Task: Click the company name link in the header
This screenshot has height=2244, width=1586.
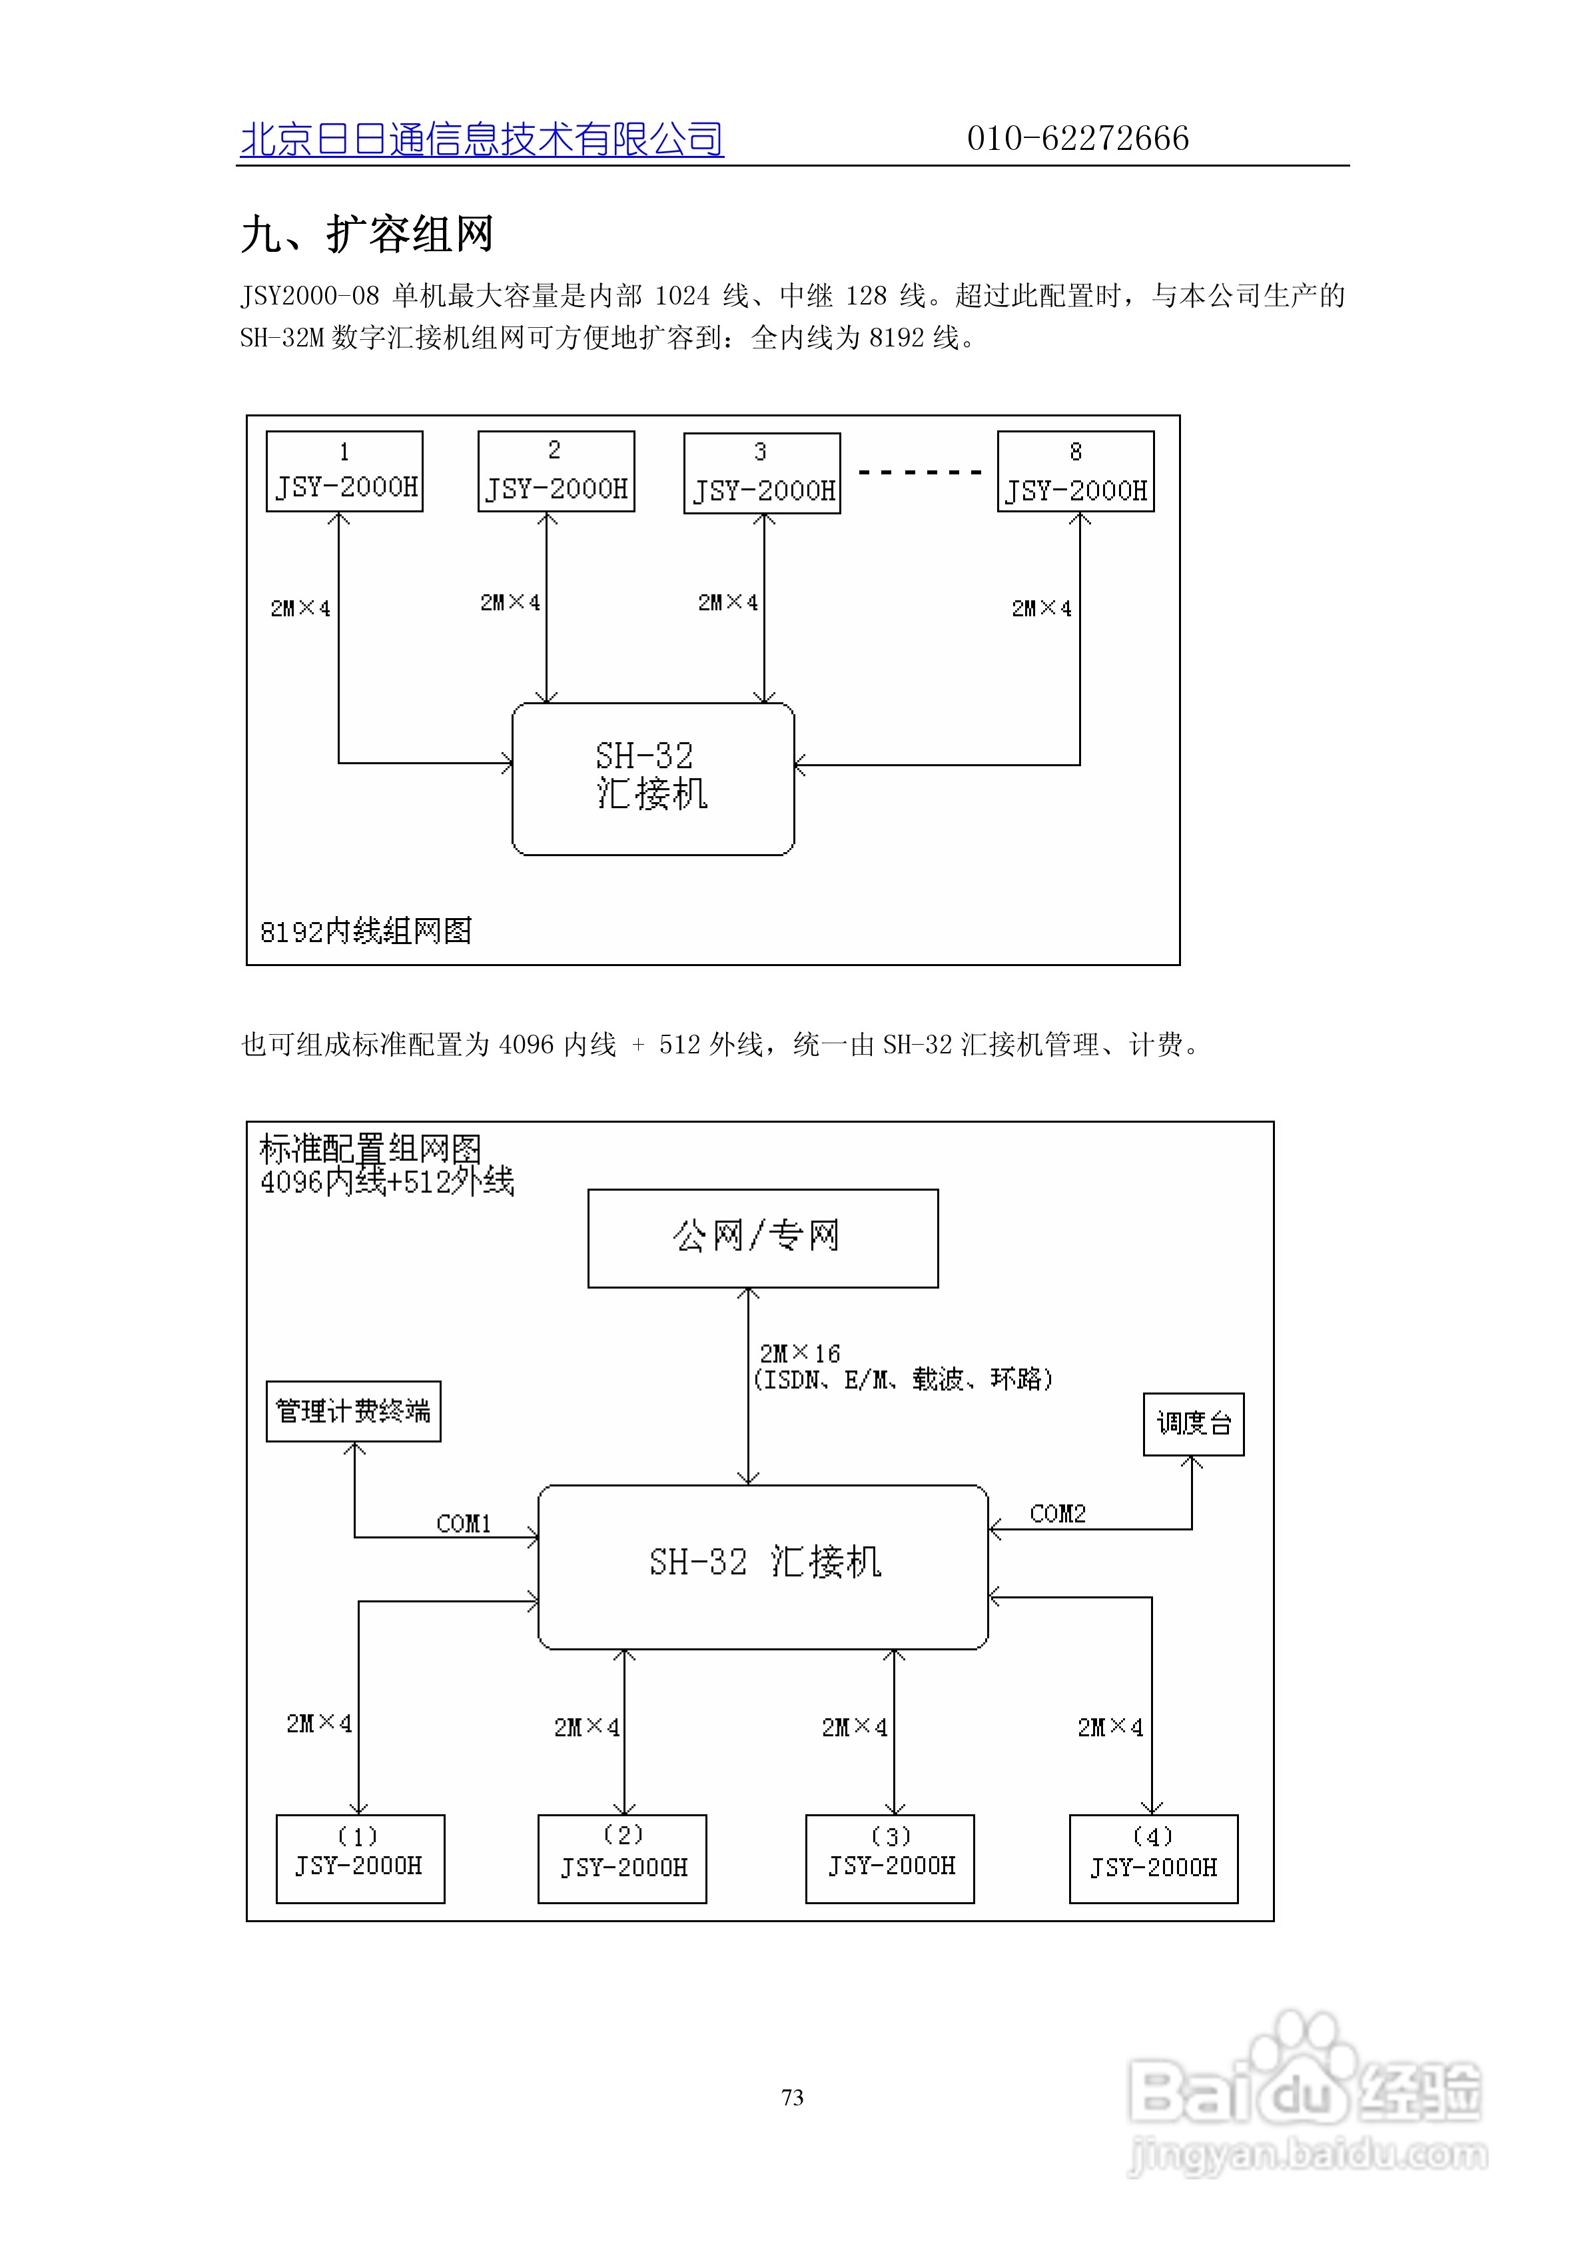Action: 481,140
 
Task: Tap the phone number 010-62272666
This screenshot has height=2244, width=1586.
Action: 1077,139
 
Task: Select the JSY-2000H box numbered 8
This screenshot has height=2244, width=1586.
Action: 1075,472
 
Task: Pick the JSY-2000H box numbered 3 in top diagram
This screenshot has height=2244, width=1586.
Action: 761,473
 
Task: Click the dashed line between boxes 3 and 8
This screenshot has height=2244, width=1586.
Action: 919,473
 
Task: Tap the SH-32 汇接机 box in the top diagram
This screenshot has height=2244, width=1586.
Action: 653,779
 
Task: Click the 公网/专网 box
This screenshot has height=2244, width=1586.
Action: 762,1239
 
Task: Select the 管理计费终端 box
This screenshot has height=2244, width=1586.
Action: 353,1411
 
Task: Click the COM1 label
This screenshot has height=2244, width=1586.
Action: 463,1524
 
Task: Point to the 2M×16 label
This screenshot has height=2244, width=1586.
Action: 799,1354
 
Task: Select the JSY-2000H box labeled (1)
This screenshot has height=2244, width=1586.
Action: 360,1859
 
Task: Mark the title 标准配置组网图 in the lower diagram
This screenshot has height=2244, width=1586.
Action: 370,1149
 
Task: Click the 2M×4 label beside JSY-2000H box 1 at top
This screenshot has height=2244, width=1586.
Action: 300,609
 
